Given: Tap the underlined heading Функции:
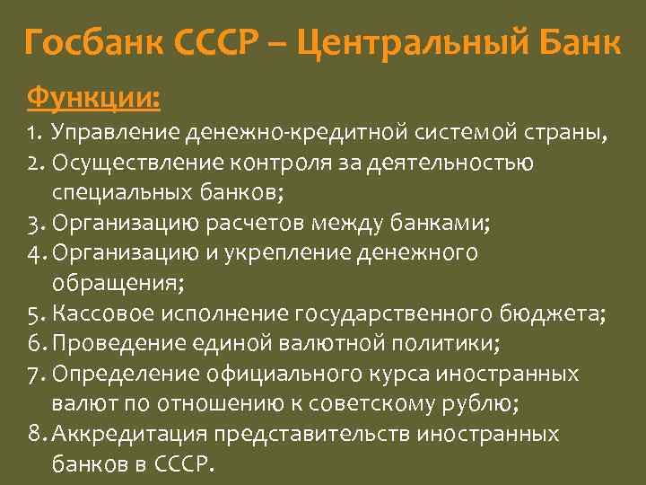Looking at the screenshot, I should (x=94, y=94).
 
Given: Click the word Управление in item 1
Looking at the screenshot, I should (x=116, y=135).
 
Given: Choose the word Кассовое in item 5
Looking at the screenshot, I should (x=100, y=313).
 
